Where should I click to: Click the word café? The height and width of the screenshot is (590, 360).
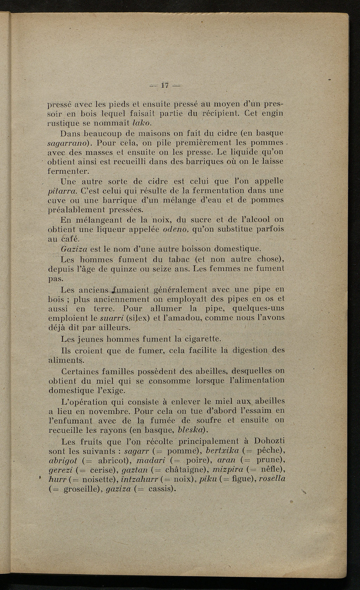[x=72, y=239]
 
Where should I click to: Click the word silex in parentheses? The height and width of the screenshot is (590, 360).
[x=137, y=318]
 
